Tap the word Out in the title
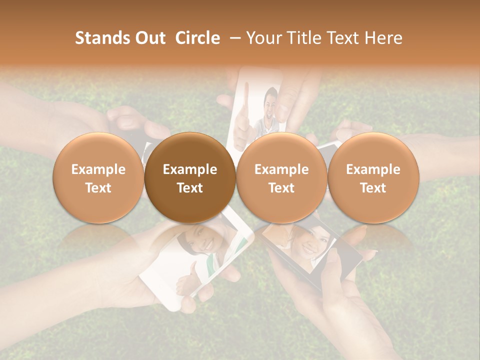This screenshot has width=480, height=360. [149, 38]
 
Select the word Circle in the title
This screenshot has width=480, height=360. [197, 38]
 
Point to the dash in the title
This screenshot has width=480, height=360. [235, 38]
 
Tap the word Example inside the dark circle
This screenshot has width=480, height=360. [190, 169]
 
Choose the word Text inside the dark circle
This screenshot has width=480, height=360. [190, 188]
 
